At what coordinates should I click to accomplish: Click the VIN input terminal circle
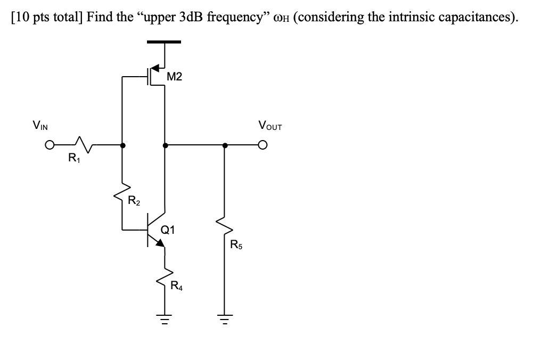click(x=50, y=144)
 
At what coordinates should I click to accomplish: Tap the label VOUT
click(x=269, y=126)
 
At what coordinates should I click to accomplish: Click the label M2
click(x=174, y=77)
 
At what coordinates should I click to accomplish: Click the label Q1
click(x=168, y=230)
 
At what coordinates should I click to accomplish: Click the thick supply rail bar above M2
click(x=165, y=42)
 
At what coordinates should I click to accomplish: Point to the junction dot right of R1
click(x=124, y=144)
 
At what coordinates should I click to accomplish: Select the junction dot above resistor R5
click(x=224, y=144)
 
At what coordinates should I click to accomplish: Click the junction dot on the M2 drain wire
click(x=165, y=144)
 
